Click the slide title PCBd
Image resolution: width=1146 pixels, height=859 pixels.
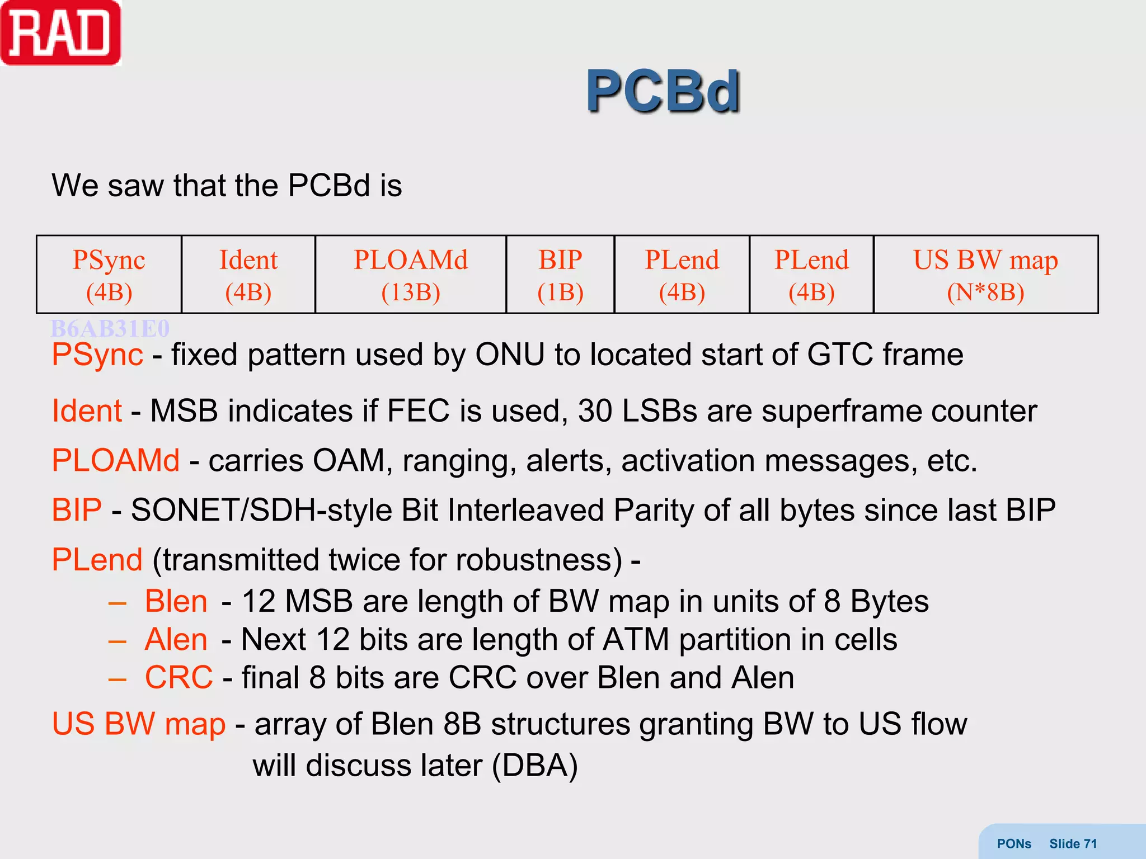[x=663, y=91]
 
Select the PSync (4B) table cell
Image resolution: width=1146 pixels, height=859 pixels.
[x=109, y=275]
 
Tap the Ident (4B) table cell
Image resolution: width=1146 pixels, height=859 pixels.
[x=248, y=275]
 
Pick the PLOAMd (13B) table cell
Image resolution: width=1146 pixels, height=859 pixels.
[x=411, y=275]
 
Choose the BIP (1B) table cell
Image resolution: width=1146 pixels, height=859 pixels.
[x=560, y=275]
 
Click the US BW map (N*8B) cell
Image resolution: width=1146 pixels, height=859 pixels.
[x=985, y=275]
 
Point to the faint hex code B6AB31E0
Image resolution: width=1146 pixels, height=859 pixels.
[x=110, y=328]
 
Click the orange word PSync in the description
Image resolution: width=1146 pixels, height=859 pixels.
[x=97, y=355]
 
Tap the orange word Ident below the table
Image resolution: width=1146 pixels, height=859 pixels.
[x=87, y=411]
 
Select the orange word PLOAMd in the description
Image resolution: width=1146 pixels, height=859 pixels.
[x=116, y=461]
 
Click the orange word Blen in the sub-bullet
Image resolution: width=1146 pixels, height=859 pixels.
[x=176, y=602]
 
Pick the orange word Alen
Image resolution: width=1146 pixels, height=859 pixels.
[x=176, y=639]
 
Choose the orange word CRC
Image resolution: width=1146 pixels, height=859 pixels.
[x=179, y=678]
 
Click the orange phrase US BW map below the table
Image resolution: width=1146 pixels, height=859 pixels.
[x=139, y=724]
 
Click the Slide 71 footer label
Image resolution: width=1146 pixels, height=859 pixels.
[x=1073, y=843]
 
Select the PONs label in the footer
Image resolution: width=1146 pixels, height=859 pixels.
[x=1014, y=843]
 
